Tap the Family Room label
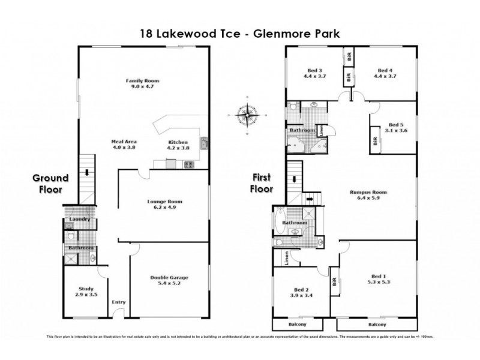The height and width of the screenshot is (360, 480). (x=142, y=80)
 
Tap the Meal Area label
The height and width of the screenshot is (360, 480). (x=121, y=141)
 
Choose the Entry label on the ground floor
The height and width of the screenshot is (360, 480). (x=118, y=302)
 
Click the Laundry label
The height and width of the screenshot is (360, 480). (x=79, y=220)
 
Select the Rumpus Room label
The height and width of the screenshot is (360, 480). (x=368, y=193)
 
